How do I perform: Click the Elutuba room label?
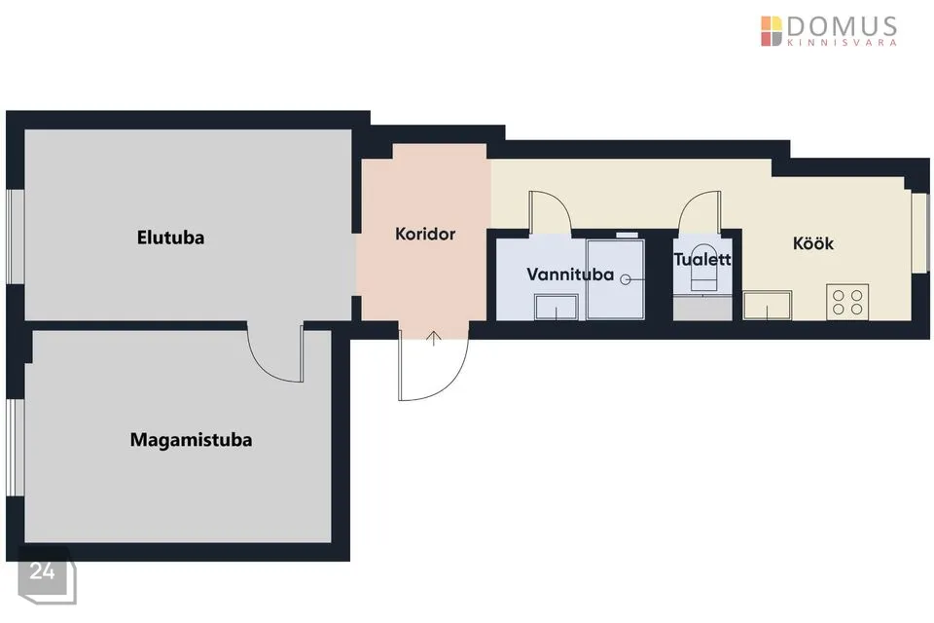170,238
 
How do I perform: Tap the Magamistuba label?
191,440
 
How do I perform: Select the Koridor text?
425,234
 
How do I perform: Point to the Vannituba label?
570,275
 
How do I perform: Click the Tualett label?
702,259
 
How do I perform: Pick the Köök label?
813,243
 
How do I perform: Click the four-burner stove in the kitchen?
847,302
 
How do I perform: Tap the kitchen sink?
768,306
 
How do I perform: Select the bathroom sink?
556,307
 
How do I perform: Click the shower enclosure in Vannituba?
615,279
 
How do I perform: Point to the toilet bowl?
702,267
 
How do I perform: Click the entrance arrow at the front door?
434,338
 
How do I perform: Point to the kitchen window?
921,233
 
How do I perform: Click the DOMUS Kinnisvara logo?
829,31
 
